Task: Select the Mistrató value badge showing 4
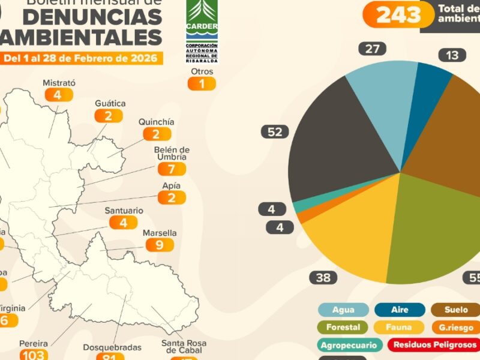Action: (58, 95)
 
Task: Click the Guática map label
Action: (110, 103)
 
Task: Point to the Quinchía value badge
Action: (156, 134)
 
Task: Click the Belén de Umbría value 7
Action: (172, 169)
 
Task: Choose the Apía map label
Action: (171, 186)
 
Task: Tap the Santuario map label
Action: (124, 211)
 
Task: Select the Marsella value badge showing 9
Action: (159, 245)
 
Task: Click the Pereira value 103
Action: (33, 355)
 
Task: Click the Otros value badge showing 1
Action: (202, 83)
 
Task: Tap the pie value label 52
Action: (275, 132)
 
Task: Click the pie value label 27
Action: (373, 49)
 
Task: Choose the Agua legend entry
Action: (343, 310)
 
